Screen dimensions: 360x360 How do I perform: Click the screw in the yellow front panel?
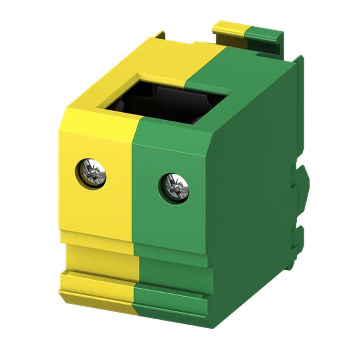click(x=91, y=174)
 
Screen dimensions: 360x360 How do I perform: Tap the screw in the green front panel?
click(x=174, y=188)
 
